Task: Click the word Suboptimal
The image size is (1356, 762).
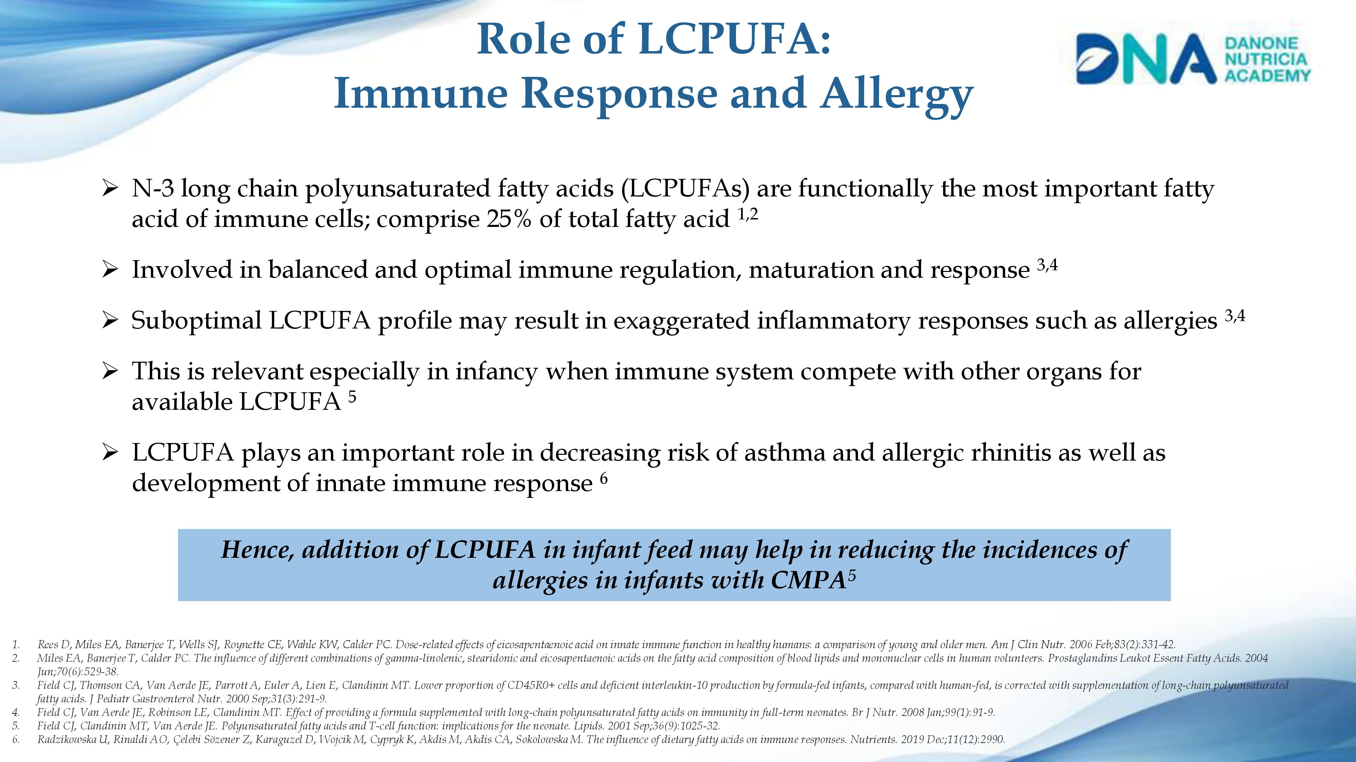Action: tap(196, 321)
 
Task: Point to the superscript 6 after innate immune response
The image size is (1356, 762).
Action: tap(604, 479)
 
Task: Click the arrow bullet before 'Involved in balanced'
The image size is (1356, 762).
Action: tap(110, 270)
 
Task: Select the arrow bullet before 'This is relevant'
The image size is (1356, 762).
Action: tap(110, 372)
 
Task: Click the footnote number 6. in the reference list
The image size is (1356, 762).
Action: tap(16, 739)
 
